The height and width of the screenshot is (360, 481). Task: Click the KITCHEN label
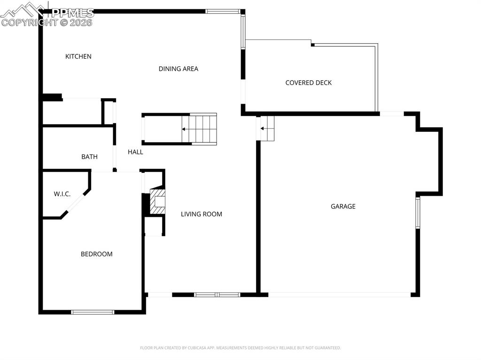click(78, 56)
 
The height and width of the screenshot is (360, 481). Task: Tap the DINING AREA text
click(178, 69)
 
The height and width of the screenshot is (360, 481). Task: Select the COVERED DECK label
click(308, 83)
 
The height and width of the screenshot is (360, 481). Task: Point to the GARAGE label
click(343, 206)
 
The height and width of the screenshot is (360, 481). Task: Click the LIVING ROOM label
click(202, 214)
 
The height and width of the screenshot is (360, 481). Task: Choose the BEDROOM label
click(96, 254)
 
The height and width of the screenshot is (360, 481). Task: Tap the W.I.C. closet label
click(62, 194)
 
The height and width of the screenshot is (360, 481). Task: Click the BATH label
click(89, 157)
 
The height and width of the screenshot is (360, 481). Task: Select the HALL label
click(135, 152)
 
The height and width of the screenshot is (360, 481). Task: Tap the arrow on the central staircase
click(185, 129)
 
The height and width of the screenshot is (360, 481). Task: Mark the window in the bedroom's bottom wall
click(93, 312)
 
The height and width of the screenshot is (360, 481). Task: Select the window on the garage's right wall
click(417, 213)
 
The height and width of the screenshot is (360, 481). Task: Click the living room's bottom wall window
click(217, 295)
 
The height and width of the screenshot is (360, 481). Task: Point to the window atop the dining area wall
click(223, 11)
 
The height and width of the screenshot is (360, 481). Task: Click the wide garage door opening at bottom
click(339, 295)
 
